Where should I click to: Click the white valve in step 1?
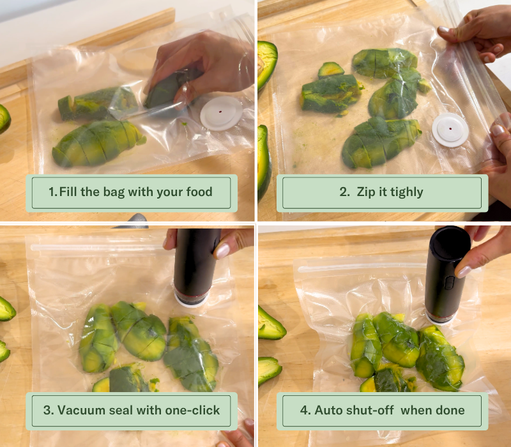[x=221, y=113]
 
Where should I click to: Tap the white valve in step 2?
[x=450, y=130]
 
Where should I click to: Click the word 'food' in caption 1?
[x=199, y=192]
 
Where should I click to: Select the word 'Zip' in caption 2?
[x=366, y=192]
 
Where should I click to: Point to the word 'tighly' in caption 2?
[x=407, y=192]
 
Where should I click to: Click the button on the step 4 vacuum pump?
[x=449, y=282]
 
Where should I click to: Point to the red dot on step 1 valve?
[x=220, y=112]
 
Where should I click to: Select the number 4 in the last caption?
[x=303, y=410]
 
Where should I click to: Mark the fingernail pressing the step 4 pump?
[x=463, y=271]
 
